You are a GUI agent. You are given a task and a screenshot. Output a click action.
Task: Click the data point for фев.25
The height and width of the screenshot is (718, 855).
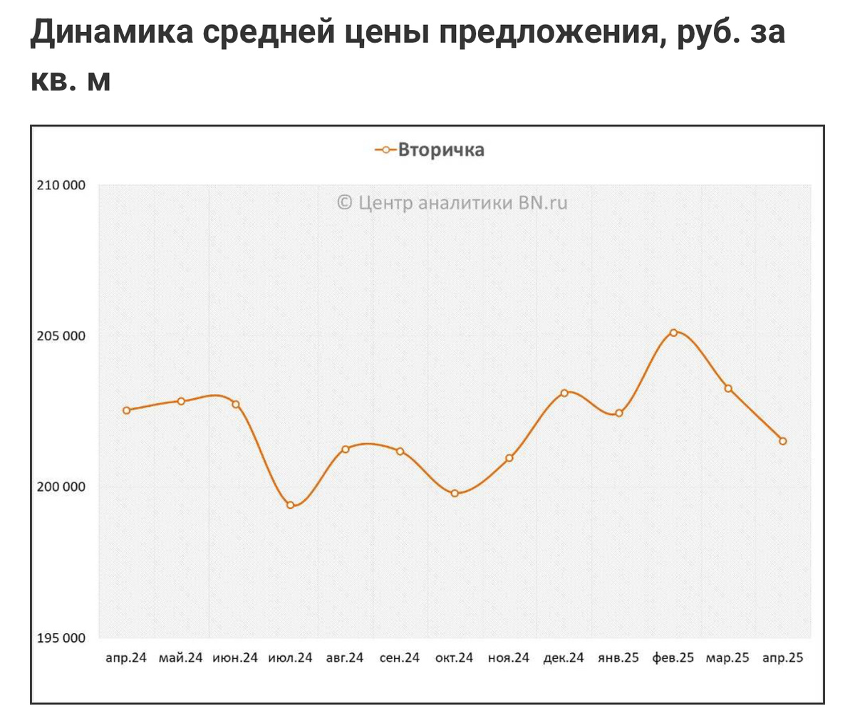coord(673,333)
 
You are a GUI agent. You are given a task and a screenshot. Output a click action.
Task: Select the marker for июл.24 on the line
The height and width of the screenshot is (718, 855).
coord(291,505)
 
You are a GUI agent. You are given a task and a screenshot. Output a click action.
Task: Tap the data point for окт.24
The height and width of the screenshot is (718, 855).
coord(455,493)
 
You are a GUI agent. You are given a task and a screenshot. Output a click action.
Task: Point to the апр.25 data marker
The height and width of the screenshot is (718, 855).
coord(782,441)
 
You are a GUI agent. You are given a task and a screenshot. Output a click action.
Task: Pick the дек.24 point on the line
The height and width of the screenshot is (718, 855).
coord(564,392)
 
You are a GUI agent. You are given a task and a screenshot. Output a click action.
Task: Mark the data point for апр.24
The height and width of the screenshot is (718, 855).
coord(127,410)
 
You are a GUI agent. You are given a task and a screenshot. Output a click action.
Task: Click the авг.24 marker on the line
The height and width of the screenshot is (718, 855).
coord(346,449)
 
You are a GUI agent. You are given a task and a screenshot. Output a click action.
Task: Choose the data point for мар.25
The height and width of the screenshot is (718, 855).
coord(728,388)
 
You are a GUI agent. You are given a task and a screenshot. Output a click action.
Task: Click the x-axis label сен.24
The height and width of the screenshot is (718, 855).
coord(400,658)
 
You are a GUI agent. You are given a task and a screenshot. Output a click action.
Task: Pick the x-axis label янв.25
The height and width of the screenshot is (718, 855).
coord(618,658)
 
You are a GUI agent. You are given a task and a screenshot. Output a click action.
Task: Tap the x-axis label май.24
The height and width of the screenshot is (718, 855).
coord(181,658)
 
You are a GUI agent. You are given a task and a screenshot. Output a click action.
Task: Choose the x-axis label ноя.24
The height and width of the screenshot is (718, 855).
coord(509,658)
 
